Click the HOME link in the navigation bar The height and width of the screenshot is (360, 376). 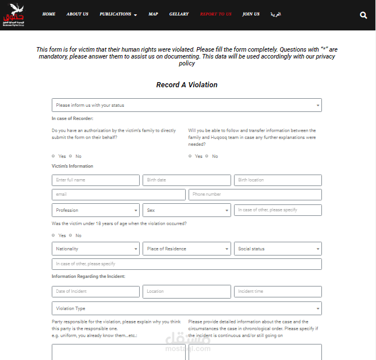[x=49, y=14]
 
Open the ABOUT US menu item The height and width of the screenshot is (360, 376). [x=77, y=14]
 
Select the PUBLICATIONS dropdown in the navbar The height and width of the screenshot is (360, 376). [x=118, y=14]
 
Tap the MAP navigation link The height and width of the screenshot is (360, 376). [x=153, y=14]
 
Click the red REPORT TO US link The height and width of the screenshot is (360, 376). [x=216, y=14]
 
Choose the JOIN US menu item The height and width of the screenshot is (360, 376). [x=251, y=14]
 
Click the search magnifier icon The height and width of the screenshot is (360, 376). [x=363, y=16]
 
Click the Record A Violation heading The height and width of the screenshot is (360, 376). [x=187, y=85]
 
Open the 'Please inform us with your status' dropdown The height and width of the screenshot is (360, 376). [x=187, y=105]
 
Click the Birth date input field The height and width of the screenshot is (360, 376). [x=187, y=180]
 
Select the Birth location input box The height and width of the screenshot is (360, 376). [x=278, y=180]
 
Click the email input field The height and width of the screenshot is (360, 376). [x=118, y=195]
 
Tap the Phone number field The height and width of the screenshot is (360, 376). [x=255, y=195]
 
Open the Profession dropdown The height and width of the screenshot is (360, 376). [x=95, y=210]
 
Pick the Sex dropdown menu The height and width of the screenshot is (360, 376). [x=187, y=210]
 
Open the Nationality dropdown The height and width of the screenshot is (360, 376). [x=95, y=249]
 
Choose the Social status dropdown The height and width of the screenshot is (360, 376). [x=278, y=249]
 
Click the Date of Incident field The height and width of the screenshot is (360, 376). [x=95, y=292]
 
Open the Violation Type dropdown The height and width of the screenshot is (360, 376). [x=187, y=308]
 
